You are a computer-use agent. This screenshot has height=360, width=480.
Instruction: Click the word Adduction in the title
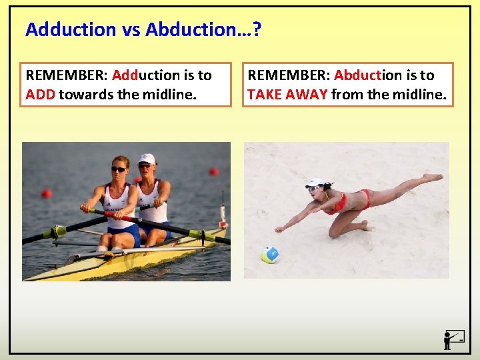61,29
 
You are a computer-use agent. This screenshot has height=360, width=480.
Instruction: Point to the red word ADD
39,95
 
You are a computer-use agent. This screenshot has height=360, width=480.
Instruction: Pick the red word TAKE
264,95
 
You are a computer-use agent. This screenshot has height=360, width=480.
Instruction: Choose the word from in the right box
347,95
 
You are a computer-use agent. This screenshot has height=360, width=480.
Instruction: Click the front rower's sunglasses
118,169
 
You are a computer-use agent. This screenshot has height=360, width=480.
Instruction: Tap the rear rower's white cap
146,158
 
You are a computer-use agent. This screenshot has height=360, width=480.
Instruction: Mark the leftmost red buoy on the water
46,193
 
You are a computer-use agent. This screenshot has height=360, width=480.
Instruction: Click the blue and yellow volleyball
269,255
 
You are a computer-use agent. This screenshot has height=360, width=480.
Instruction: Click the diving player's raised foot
433,177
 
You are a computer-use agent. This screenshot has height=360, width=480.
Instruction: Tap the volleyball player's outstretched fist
279,229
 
